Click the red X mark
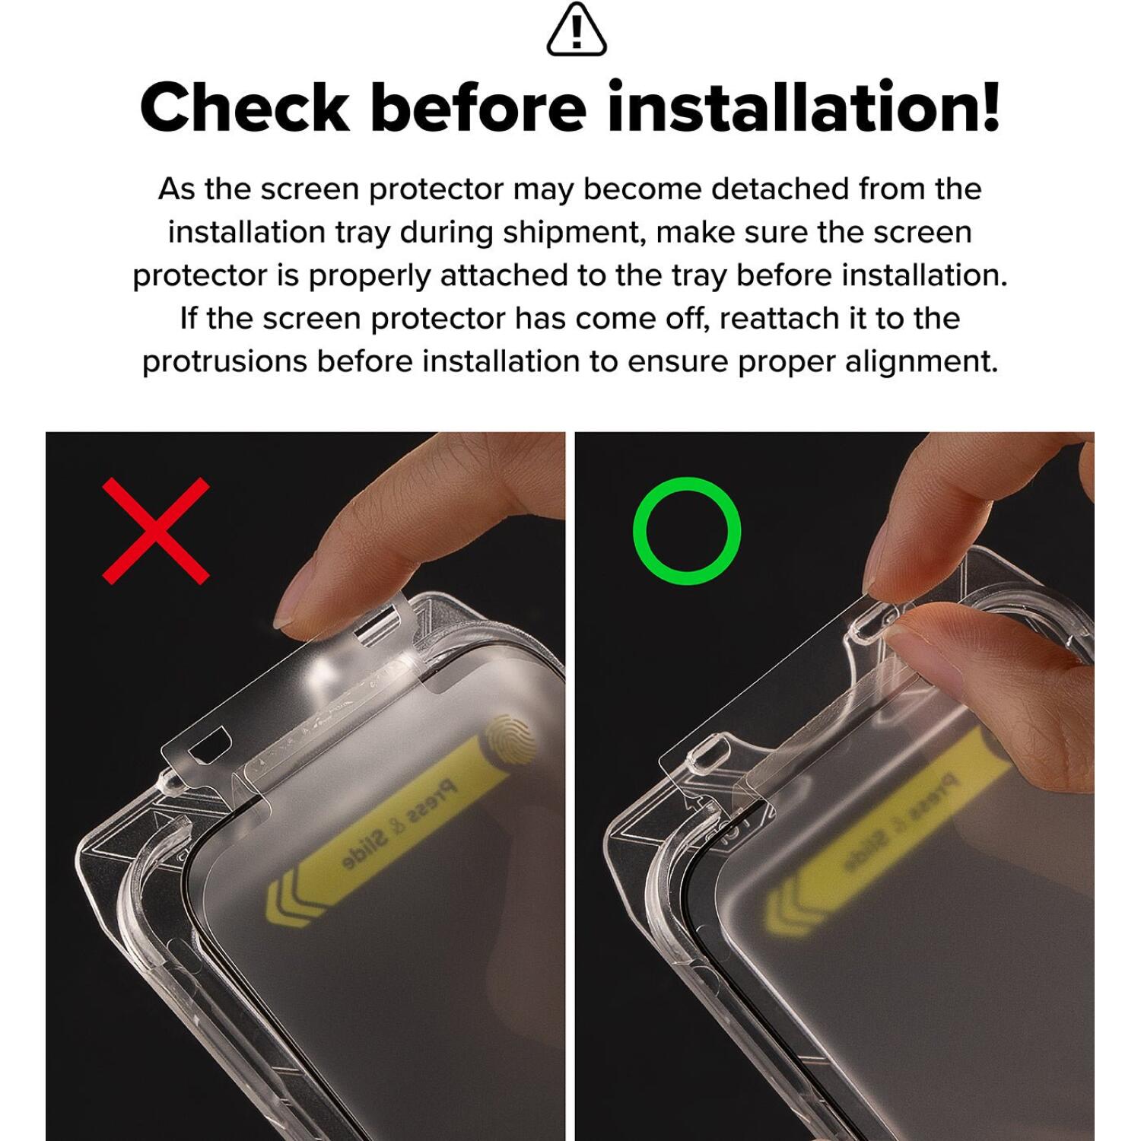156,531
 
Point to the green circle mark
687,531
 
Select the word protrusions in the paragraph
225,361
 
